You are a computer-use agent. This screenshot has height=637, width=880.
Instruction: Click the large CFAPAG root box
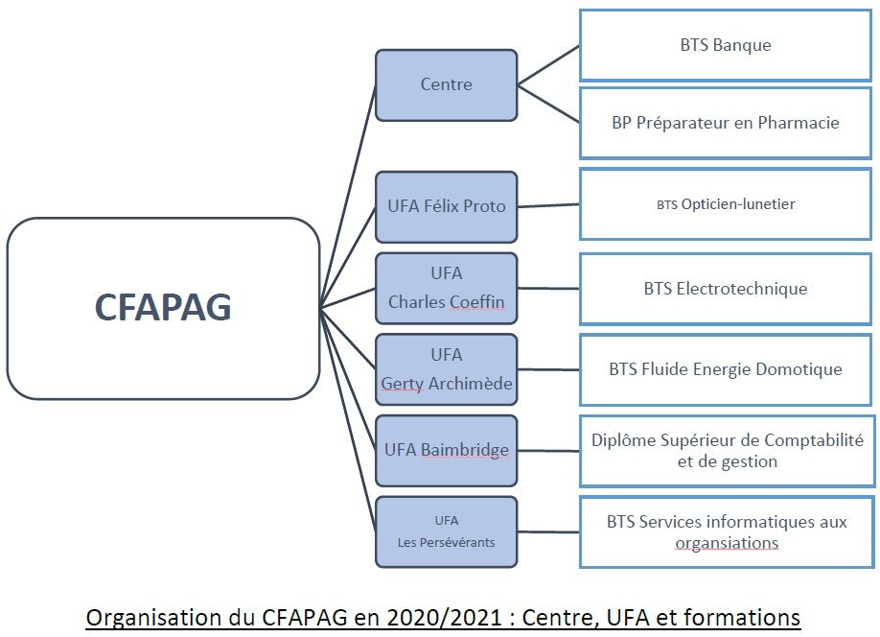[163, 308]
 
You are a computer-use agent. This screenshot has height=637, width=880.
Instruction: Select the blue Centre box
[446, 84]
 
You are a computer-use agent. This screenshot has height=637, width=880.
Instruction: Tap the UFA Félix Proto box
[446, 206]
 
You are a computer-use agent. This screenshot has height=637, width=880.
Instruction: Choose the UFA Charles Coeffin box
[446, 288]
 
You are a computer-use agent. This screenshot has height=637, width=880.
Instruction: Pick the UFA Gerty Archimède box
[446, 369]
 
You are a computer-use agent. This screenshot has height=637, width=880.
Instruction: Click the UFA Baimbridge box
[446, 450]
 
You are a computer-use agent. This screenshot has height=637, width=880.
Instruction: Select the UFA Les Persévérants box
[446, 531]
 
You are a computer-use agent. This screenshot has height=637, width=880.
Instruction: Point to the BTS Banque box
[726, 45]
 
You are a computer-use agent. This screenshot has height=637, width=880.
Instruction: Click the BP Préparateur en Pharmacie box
[726, 123]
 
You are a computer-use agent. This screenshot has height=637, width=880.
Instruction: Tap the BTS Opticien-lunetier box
[726, 204]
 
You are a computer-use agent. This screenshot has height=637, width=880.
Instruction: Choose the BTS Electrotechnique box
[726, 289]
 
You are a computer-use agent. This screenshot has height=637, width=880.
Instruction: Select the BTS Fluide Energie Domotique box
[726, 369]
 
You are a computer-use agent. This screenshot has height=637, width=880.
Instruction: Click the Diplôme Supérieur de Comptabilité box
[726, 451]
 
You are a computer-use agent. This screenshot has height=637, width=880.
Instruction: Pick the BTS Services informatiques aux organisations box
[726, 532]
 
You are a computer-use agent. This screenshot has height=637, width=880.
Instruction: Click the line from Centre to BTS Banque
[548, 65]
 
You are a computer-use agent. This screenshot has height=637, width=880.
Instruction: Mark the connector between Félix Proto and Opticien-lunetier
[548, 205]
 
